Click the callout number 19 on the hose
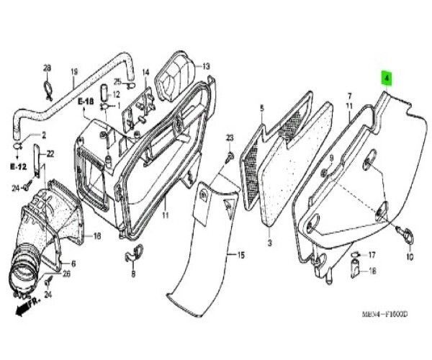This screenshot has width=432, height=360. tap(73, 72)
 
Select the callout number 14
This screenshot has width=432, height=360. tap(145, 72)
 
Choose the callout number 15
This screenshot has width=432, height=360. tap(240, 256)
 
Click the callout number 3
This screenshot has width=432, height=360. tap(269, 245)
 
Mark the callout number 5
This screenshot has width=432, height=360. tap(262, 109)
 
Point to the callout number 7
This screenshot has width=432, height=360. tap(349, 96)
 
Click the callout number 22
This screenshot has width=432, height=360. tap(50, 153)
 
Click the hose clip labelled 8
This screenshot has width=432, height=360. tap(133, 253)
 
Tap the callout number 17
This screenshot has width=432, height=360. tap(372, 256)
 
